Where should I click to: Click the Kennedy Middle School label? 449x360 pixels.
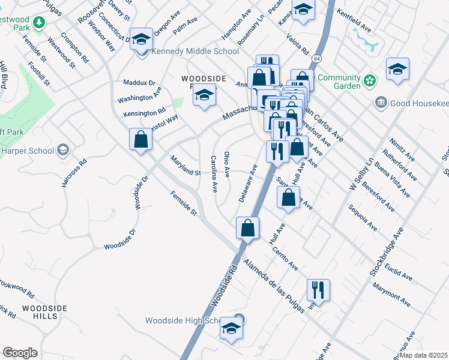(195, 51)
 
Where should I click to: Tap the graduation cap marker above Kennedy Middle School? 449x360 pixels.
(142, 40)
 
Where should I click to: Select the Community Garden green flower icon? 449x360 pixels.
(370, 79)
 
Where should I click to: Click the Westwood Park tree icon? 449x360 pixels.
(39, 22)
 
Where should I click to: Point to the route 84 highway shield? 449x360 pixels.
(316, 59)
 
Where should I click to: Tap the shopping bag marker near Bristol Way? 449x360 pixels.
(140, 140)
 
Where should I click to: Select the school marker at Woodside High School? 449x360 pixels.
(231, 328)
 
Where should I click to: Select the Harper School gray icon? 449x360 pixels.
(62, 150)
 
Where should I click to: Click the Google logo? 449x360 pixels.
(20, 353)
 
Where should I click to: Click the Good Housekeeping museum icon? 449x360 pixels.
(381, 103)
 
